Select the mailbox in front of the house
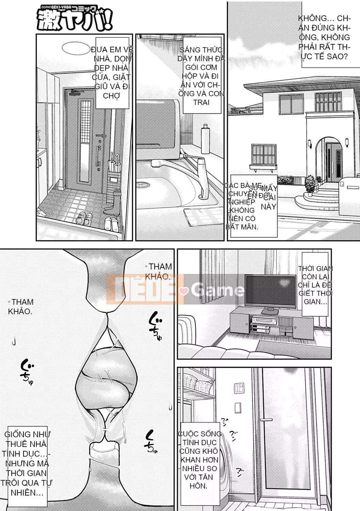click(x=350, y=187)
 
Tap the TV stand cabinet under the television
click(x=271, y=322)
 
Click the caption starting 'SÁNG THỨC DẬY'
click(x=201, y=76)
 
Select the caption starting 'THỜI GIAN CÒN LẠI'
click(x=315, y=285)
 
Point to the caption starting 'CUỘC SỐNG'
click(x=199, y=460)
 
